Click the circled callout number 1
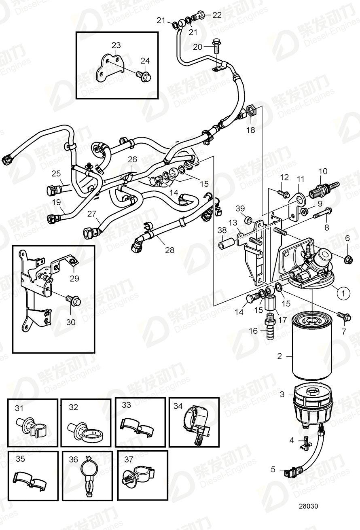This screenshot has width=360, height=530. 343,293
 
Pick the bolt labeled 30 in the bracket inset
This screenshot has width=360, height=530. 75,301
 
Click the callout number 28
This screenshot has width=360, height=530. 169,250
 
